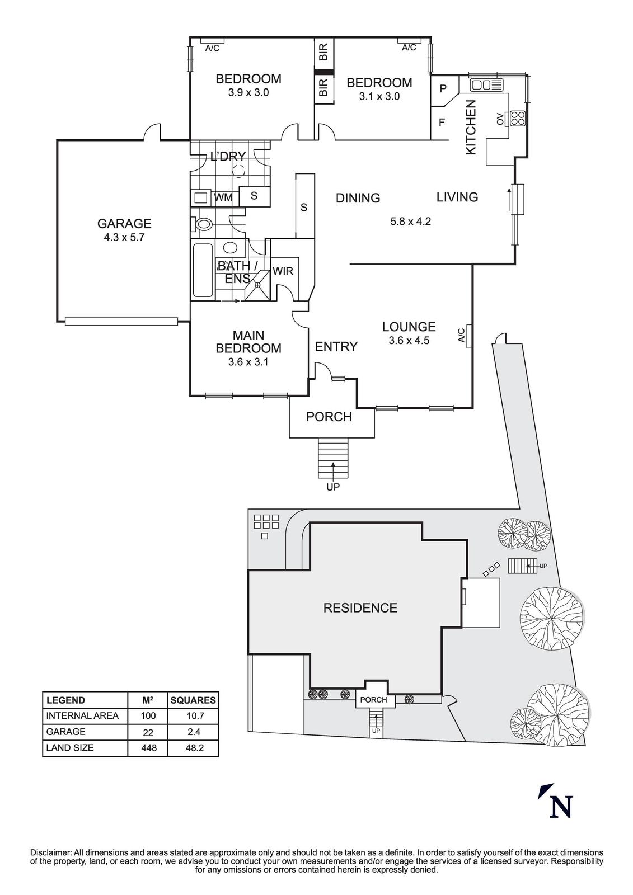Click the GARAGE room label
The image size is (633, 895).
pos(124,224)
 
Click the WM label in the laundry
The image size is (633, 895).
pos(223,197)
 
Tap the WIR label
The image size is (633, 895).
pos(283,271)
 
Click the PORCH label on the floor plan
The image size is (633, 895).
pos(329,417)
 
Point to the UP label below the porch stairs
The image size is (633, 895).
pos(333,487)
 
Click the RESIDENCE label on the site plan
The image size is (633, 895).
pos(360,607)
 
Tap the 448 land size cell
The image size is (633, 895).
pos(149,747)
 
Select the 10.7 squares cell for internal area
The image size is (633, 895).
pos(193,715)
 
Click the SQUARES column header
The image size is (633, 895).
pos(193,700)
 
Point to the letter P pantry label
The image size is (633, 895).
pos(443,88)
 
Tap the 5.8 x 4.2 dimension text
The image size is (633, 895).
pos(410,221)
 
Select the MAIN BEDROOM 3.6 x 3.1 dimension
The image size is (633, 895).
pos(248,362)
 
